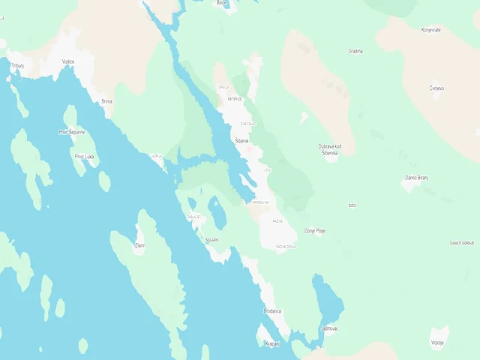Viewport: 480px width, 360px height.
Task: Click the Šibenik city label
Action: tap(241, 140)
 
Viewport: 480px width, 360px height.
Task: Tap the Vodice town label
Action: tap(68, 61)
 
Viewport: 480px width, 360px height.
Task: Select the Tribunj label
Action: tap(17, 66)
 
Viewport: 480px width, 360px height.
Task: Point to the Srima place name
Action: tap(106, 101)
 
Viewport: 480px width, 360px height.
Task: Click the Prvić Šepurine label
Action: tap(72, 132)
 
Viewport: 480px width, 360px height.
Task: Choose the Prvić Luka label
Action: tap(85, 157)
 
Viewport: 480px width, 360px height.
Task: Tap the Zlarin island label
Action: tap(139, 245)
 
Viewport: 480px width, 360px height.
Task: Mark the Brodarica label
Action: tap(272, 310)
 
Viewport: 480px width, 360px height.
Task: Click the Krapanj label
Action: tap(271, 343)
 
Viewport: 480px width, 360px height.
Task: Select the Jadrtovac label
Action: tap(330, 328)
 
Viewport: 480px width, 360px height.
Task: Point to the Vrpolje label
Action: tap(438, 342)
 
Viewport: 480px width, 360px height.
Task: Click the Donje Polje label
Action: tap(315, 231)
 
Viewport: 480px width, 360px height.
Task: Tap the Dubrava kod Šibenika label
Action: tap(330, 149)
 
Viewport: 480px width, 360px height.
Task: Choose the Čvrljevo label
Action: tap(436, 88)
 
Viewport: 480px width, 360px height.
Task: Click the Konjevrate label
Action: tap(430, 30)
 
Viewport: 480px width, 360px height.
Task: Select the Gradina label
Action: tap(355, 52)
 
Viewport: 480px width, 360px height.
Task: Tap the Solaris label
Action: tap(211, 240)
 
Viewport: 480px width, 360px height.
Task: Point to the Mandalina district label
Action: tap(260, 202)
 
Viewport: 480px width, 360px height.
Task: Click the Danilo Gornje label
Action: tap(462, 243)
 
